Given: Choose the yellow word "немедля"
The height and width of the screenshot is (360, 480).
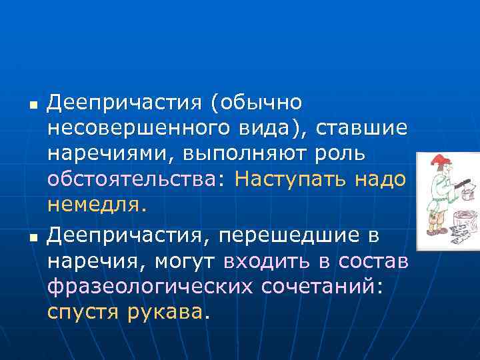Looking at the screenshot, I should coord(93,205).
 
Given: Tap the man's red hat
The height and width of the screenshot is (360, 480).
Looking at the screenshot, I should coord(441,164).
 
